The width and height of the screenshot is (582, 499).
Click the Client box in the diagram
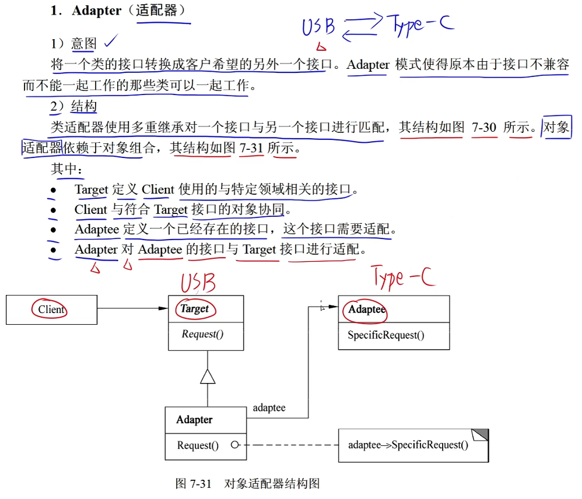pyautogui.click(x=51, y=310)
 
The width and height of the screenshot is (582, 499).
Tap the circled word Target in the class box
pyautogui.click(x=194, y=309)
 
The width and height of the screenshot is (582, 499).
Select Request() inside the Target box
pyautogui.click(x=202, y=335)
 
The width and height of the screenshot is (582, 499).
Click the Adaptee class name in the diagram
pyautogui.click(x=367, y=310)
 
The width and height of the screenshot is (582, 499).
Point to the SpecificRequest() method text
pyautogui.click(x=385, y=335)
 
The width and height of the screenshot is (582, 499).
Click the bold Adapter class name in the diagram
pyautogui.click(x=194, y=420)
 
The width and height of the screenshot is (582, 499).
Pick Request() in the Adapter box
pyautogui.click(x=198, y=445)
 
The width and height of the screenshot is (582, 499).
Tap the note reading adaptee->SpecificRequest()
pyautogui.click(x=408, y=445)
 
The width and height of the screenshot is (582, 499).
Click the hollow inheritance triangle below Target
pyautogui.click(x=208, y=377)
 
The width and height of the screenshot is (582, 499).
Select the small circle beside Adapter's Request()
pyautogui.click(x=234, y=445)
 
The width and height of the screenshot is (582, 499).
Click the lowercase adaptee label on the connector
pyautogui.click(x=269, y=408)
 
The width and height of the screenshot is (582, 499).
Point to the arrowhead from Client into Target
pyautogui.click(x=163, y=308)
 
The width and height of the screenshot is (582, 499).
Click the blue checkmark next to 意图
pyautogui.click(x=110, y=41)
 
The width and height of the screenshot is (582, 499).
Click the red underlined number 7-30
pyautogui.click(x=484, y=127)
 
